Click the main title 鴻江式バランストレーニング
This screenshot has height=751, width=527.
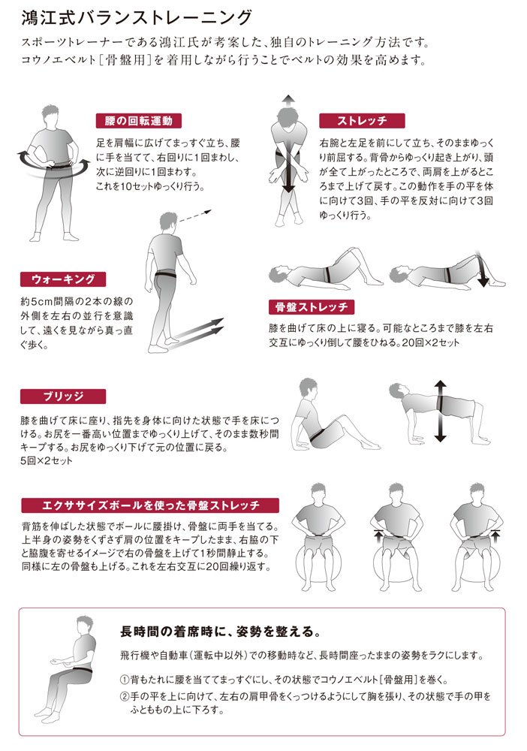coord(137,17)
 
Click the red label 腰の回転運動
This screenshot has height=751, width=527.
coord(139,121)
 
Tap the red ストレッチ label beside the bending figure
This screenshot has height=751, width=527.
coord(362,121)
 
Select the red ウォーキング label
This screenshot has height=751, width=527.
coord(63,279)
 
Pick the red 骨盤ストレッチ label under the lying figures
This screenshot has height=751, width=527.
coord(312,307)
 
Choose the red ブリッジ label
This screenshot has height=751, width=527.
coord(63,397)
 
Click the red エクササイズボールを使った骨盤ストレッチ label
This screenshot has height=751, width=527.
coord(150,505)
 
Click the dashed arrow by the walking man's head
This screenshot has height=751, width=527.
coord(194,216)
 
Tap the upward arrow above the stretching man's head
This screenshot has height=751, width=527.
coord(288,101)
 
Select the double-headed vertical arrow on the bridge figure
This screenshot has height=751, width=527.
coord(440,412)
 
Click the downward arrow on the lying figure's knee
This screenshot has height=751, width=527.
coord(480,269)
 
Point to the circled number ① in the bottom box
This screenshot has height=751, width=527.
coord(124,680)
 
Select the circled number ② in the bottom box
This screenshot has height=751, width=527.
coord(124,696)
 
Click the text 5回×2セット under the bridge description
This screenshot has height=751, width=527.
coord(47,461)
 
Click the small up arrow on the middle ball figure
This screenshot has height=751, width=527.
coord(378,535)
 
